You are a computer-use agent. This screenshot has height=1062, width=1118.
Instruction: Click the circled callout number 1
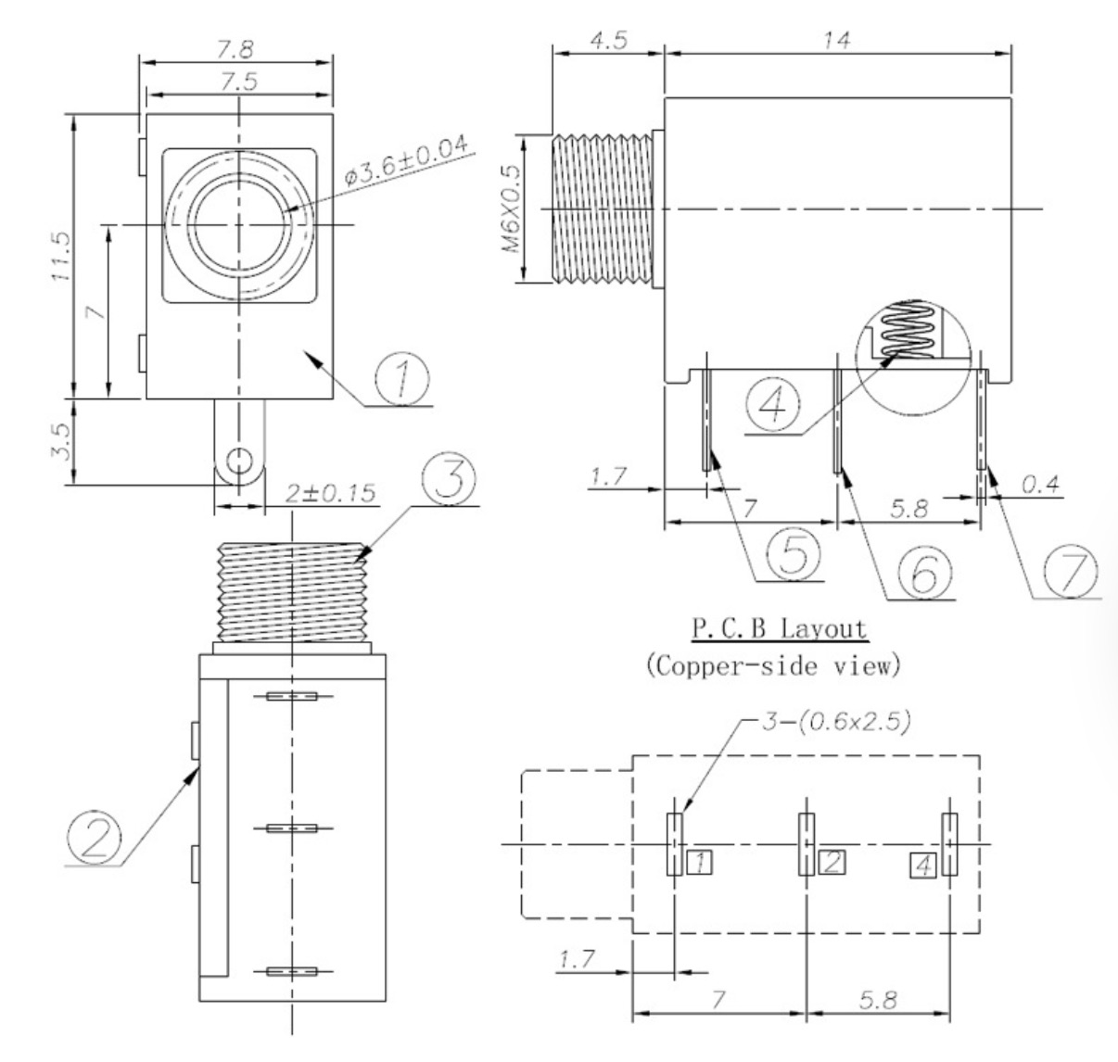pos(402,379)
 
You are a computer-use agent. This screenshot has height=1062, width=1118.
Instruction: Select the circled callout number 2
pos(95,838)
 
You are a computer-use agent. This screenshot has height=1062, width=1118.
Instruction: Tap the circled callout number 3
pos(449,477)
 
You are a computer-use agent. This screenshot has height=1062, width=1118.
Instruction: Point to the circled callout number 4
pos(772,405)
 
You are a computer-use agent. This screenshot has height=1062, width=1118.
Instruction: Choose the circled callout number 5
pos(794,554)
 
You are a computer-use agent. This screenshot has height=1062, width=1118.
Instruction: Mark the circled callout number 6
pos(925,572)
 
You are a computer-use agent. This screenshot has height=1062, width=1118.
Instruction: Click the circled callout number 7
pos(1072,571)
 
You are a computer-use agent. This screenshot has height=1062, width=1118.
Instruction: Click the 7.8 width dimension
pos(235,49)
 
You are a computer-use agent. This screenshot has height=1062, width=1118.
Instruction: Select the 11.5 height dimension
pos(61,256)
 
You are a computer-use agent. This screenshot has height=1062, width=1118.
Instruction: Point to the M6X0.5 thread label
pos(511,209)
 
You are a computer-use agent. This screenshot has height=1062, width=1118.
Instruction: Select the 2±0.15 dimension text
pos(330,494)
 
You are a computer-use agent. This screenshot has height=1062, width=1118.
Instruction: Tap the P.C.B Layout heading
pos(780,629)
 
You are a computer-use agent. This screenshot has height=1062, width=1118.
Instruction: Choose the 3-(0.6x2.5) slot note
pos(836,722)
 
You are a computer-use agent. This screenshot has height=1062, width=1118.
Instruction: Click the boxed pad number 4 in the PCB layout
pos(923,866)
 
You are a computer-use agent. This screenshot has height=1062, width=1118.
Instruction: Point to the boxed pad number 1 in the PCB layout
pos(700,862)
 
